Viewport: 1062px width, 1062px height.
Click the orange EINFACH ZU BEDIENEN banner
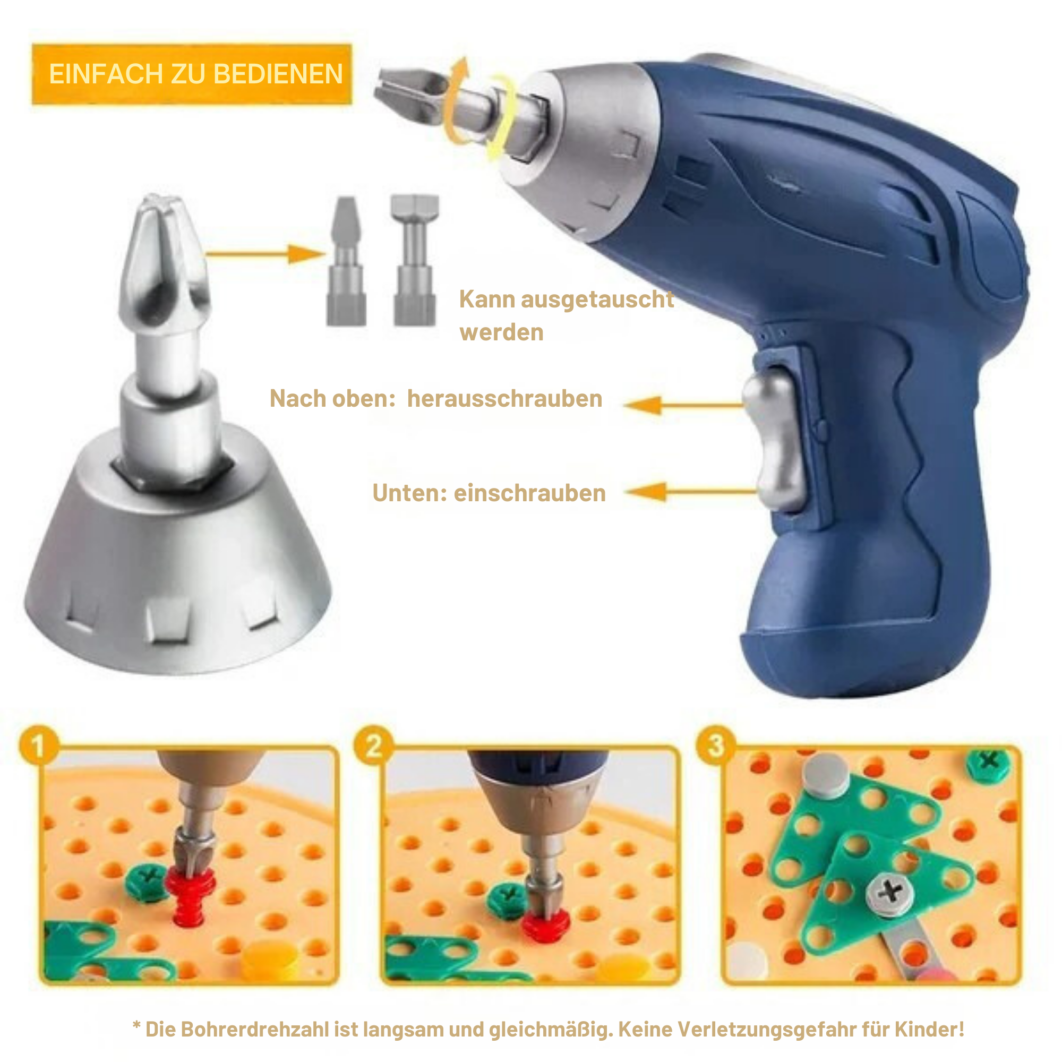(x=192, y=74)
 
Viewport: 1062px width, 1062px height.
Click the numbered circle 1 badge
(x=38, y=746)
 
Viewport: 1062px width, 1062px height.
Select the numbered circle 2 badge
(x=374, y=746)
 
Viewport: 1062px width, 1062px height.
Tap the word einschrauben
(x=529, y=493)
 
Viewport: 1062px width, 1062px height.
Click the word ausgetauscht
(x=597, y=299)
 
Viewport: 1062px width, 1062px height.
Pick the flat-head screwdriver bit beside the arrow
(x=346, y=261)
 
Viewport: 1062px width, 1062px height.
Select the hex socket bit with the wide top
(x=415, y=260)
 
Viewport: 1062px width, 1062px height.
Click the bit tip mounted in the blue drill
(x=412, y=88)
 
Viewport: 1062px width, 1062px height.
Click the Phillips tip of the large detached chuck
(x=164, y=259)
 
